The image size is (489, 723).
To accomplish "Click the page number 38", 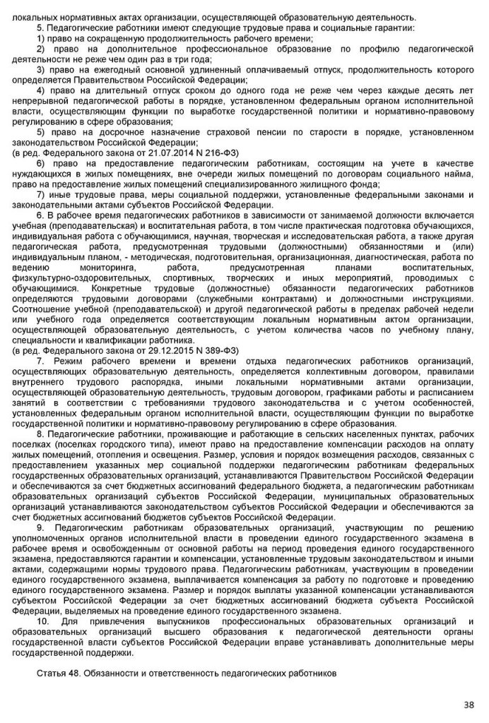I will [469, 704].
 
